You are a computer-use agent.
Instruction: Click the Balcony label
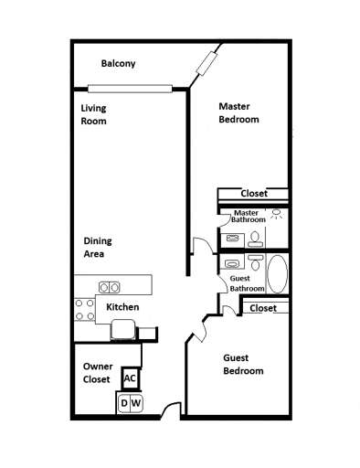point(119,63)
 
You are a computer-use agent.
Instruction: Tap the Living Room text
point(94,114)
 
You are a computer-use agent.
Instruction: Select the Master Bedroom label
point(238,112)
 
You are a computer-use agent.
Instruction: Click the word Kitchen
point(122,307)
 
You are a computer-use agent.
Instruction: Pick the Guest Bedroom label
point(244,365)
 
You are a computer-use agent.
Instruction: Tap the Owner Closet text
point(97,372)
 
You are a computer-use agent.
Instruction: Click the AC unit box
point(130,378)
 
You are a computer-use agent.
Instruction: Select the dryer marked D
point(124,402)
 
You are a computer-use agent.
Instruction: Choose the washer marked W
point(136,402)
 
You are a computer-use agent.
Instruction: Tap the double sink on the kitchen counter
point(110,286)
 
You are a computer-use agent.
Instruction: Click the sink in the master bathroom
point(233,238)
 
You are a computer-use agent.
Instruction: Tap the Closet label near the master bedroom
point(254,194)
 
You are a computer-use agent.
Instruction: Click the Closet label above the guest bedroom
point(262,309)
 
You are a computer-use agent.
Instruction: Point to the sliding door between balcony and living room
point(130,89)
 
